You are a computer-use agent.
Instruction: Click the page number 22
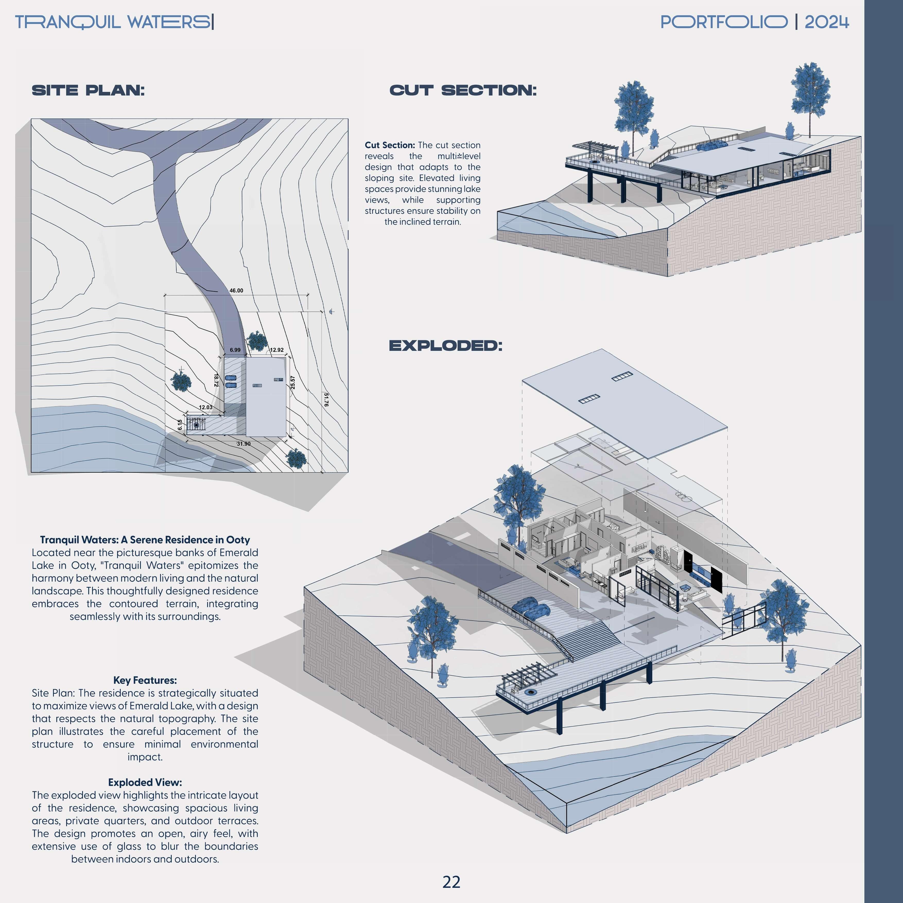click(x=451, y=882)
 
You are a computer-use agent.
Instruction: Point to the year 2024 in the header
click(x=826, y=22)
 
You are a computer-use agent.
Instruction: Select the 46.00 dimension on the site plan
click(x=236, y=291)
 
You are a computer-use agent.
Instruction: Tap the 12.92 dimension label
click(x=277, y=350)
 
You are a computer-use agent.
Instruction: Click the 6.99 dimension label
click(x=235, y=350)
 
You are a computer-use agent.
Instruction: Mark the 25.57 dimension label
click(x=293, y=382)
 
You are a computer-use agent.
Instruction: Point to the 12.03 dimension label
click(x=206, y=407)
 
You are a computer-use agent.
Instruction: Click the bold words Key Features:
click(x=145, y=680)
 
